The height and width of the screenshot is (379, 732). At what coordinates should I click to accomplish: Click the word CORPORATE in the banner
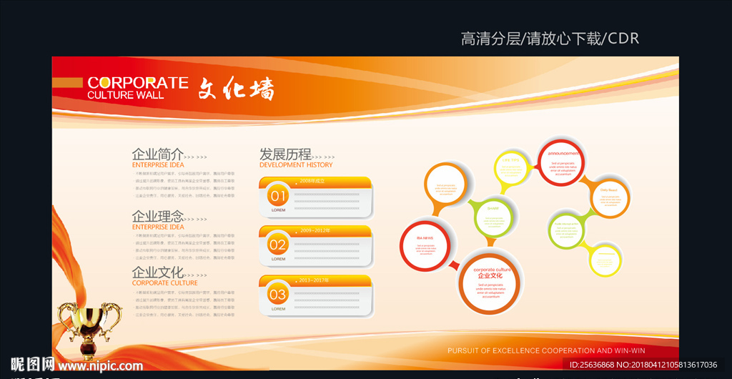[x=137, y=83]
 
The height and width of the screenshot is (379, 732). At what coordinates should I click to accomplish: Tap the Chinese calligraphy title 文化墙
[x=236, y=89]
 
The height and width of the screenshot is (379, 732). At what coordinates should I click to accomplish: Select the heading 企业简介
[x=157, y=154]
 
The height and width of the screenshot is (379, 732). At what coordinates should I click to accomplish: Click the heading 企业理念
[x=157, y=216]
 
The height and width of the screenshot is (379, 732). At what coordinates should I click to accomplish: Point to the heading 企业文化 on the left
[x=157, y=272]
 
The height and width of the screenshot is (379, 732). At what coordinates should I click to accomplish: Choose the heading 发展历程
[x=285, y=154]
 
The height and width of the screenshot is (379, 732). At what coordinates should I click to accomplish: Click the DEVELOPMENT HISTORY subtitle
[x=295, y=165]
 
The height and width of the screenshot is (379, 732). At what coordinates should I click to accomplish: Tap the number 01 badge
[x=277, y=196]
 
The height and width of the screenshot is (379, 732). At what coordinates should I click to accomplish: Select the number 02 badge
[x=277, y=245]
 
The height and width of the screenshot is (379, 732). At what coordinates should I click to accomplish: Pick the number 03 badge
[x=277, y=294]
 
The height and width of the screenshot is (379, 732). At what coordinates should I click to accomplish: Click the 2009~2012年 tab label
[x=315, y=231]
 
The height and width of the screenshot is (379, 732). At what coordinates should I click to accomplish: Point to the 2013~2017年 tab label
[x=315, y=280]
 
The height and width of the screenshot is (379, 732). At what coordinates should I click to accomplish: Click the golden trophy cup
[x=89, y=325]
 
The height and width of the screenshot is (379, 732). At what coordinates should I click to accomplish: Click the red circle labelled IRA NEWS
[x=427, y=245]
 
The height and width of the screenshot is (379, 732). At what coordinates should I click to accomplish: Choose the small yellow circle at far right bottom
[x=605, y=260]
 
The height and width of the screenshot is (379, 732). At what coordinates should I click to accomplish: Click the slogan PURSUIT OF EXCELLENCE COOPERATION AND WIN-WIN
[x=546, y=351]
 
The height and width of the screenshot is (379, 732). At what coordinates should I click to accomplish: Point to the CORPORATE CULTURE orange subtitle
[x=164, y=283]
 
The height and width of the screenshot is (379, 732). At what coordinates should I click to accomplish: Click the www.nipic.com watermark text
[x=100, y=365]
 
